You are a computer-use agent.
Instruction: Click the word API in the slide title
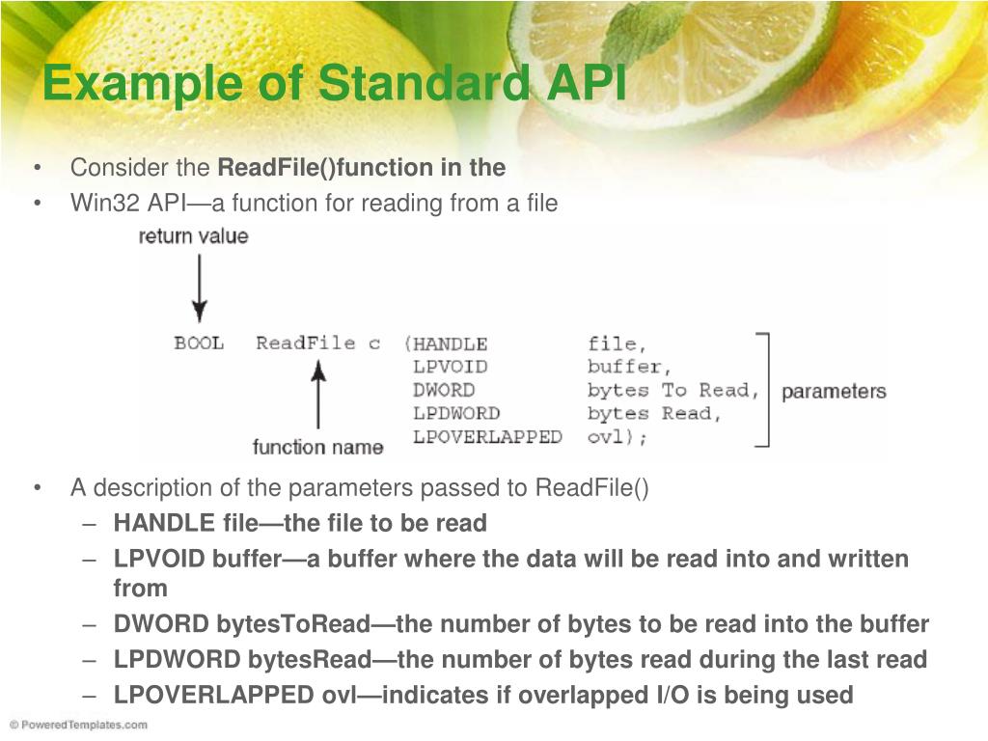(x=589, y=83)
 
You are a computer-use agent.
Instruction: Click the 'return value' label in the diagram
(x=193, y=236)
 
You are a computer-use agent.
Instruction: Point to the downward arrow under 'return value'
(x=199, y=289)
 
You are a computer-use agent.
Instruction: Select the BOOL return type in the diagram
(x=199, y=343)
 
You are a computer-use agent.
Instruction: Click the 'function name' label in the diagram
(x=317, y=447)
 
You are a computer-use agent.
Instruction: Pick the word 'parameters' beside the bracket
(x=833, y=392)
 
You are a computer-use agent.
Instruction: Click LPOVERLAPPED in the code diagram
(x=487, y=437)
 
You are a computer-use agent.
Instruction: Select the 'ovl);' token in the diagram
(x=617, y=437)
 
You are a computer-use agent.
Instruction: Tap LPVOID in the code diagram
(x=450, y=367)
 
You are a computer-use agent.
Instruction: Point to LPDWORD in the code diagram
(x=456, y=414)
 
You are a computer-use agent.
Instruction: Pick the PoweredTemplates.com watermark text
(x=79, y=725)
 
